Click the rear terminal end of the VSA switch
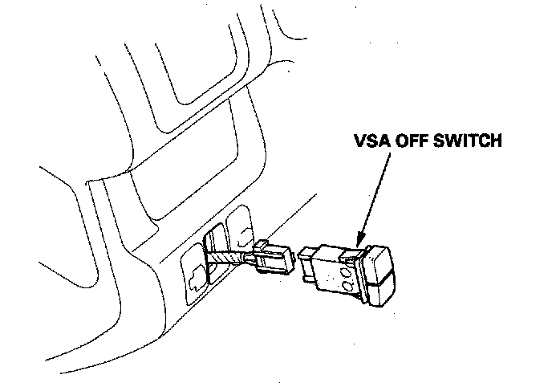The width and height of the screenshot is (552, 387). click(309, 266)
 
